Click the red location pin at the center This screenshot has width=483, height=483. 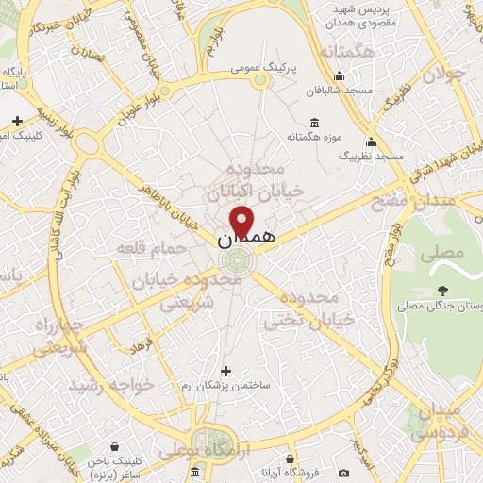(x=242, y=224)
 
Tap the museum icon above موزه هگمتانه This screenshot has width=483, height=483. (x=315, y=124)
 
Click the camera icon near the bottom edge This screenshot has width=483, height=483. (x=342, y=472)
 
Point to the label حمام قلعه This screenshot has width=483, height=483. (x=144, y=248)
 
